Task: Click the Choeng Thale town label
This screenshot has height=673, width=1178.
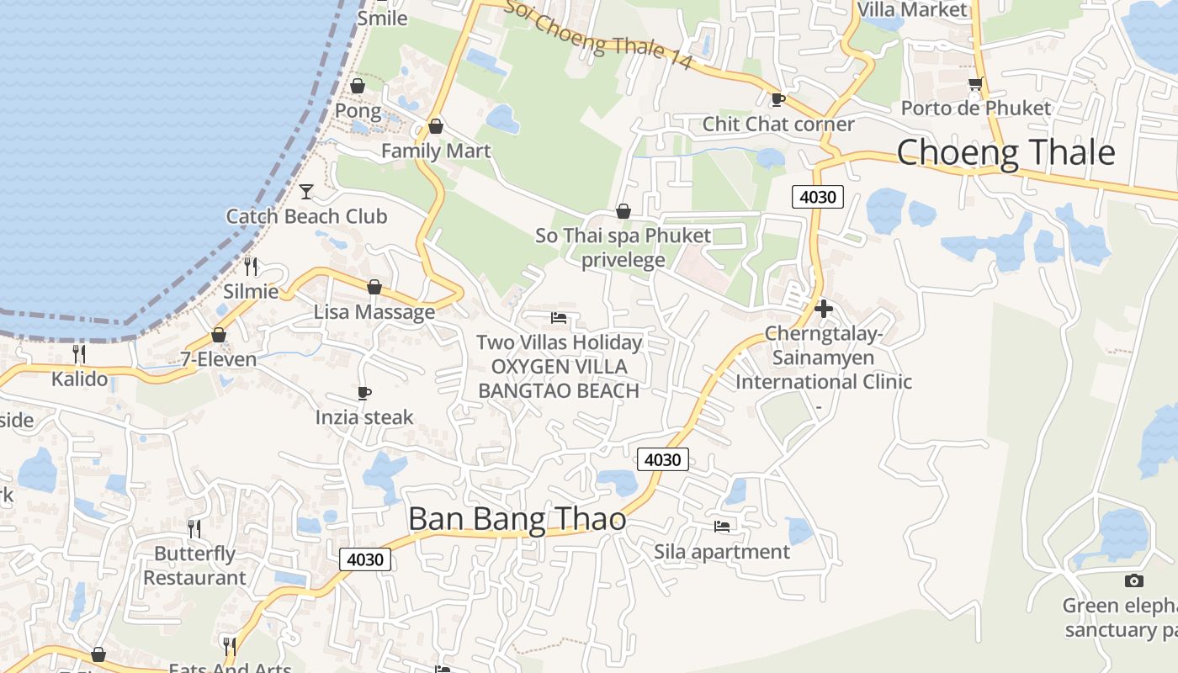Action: tap(1006, 153)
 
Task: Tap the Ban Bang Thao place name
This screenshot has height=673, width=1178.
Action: tap(517, 519)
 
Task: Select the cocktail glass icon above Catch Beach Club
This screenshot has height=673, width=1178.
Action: tap(306, 192)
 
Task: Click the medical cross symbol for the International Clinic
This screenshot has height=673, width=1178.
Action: tap(824, 309)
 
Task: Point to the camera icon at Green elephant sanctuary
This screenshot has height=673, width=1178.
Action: tap(1134, 580)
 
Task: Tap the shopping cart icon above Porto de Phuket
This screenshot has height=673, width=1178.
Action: tap(975, 84)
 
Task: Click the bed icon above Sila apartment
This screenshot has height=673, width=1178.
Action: tap(722, 527)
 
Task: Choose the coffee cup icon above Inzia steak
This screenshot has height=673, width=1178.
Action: tap(364, 393)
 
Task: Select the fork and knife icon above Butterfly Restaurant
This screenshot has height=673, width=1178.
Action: tap(194, 528)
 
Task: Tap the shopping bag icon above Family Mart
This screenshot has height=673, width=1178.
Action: tap(435, 126)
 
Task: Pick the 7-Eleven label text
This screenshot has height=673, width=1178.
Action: tap(219, 359)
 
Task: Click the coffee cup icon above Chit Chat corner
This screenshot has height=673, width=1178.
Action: tap(778, 99)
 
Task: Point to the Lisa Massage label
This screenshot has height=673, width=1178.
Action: tap(374, 312)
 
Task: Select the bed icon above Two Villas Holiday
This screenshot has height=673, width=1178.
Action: tap(559, 318)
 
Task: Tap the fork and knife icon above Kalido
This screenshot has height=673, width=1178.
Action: tap(79, 353)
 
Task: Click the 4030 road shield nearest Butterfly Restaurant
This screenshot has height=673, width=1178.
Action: tap(365, 559)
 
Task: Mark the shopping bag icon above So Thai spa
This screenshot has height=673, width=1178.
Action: tap(623, 211)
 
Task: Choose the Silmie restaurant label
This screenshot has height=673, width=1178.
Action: tap(251, 292)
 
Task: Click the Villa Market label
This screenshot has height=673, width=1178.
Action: tap(912, 10)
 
